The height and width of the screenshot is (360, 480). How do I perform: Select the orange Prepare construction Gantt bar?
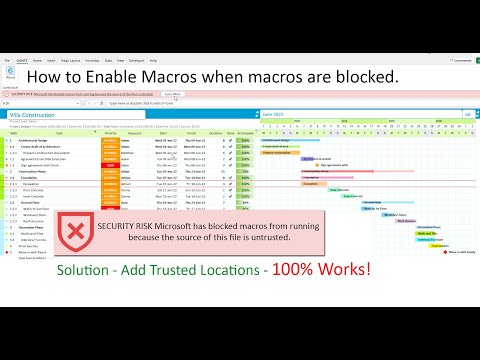pos(282,152)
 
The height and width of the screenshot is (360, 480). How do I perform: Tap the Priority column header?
pos(111,133)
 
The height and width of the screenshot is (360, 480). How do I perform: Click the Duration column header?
pos(215,133)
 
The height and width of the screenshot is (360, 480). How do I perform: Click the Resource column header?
pos(139,133)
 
